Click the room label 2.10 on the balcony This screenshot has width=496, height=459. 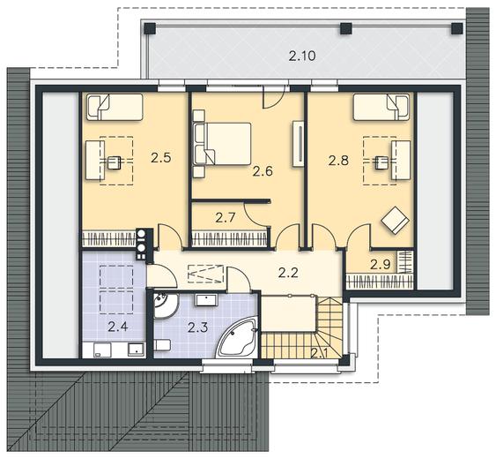pyautogui.click(x=302, y=56)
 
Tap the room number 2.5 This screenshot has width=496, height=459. pyautogui.click(x=160, y=157)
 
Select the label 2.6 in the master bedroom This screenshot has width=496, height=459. pyautogui.click(x=263, y=171)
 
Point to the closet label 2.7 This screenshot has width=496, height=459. pyautogui.click(x=226, y=218)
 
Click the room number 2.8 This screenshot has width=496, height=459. pyautogui.click(x=338, y=161)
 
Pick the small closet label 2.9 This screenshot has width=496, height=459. pyautogui.click(x=381, y=264)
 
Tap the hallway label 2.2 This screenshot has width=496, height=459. pyautogui.click(x=288, y=273)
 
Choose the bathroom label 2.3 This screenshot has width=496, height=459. pyautogui.click(x=197, y=327)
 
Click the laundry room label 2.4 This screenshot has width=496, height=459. pyautogui.click(x=118, y=327)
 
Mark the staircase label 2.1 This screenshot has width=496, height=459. pyautogui.click(x=319, y=352)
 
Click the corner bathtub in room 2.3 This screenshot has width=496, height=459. pyautogui.click(x=237, y=338)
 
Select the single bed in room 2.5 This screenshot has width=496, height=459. pyautogui.click(x=115, y=107)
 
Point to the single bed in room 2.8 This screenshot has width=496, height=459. pyautogui.click(x=381, y=107)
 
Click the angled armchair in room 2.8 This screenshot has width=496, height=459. pyautogui.click(x=395, y=221)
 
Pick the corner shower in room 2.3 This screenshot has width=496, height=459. pyautogui.click(x=166, y=305)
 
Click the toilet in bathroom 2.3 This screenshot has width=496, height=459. pyautogui.click(x=163, y=345)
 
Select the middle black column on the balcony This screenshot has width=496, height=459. pyautogui.click(x=345, y=29)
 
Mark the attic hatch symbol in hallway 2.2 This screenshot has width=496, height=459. pyautogui.click(x=205, y=274)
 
